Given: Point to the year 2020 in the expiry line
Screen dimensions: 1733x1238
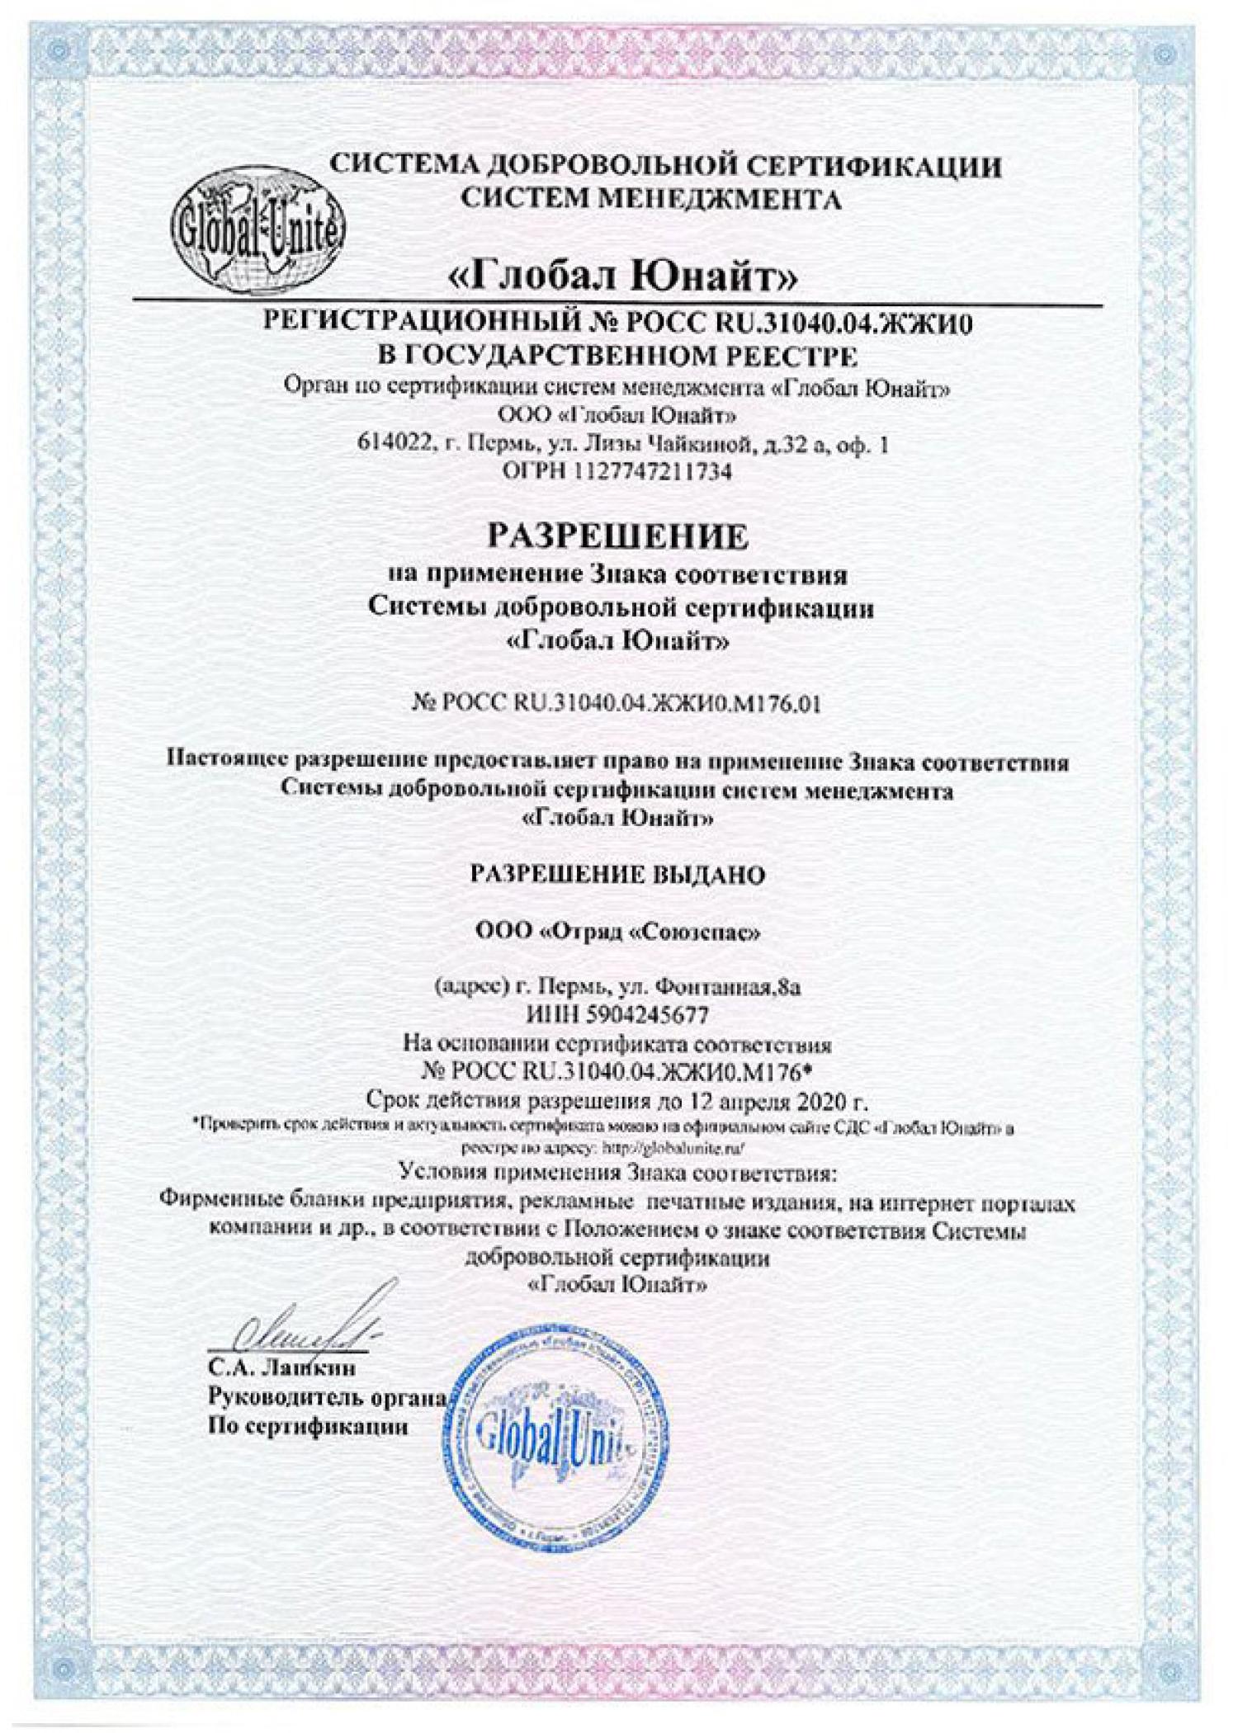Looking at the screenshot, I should [828, 1101].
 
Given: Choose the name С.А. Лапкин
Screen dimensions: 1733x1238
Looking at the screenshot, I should [281, 1368].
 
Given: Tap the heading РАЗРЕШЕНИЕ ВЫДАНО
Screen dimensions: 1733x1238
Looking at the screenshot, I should [617, 875].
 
